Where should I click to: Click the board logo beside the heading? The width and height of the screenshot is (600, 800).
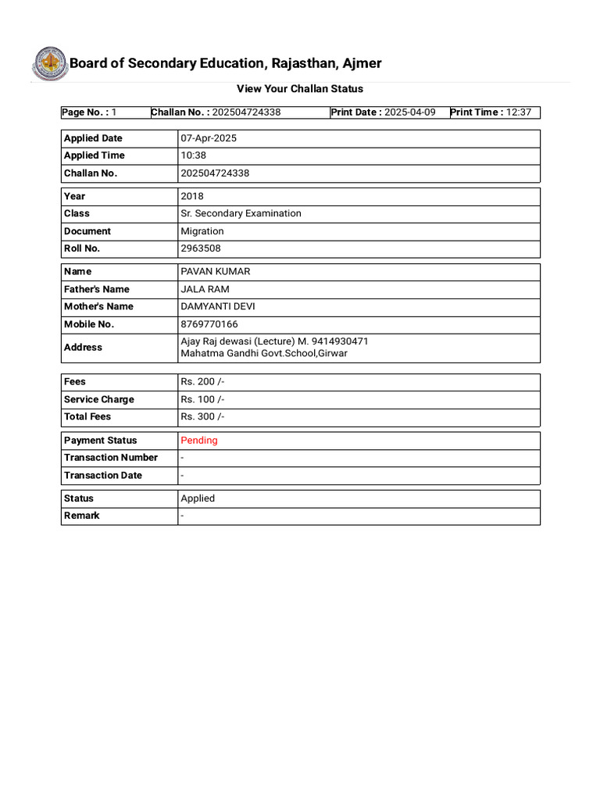coord(49,64)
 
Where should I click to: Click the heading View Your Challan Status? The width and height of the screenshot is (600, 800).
coord(300,89)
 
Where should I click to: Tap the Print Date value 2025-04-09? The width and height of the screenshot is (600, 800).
coord(409,112)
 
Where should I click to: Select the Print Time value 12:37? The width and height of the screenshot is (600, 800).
coord(518,112)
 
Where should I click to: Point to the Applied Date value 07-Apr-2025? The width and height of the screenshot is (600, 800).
coord(209,138)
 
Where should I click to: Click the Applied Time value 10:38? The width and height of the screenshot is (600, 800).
coord(193,155)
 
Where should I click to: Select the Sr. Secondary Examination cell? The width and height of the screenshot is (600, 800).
coord(241,213)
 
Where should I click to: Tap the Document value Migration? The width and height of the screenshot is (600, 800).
coord(202,231)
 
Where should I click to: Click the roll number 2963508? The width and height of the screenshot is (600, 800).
coord(201,248)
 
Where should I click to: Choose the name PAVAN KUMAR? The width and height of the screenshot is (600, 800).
coord(216,272)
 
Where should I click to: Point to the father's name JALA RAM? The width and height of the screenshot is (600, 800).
coord(205,289)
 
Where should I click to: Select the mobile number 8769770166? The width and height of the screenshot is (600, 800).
coord(209,323)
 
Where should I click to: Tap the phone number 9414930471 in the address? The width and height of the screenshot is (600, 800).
coord(339,341)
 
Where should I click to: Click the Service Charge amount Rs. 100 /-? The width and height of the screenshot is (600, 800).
coord(202,399)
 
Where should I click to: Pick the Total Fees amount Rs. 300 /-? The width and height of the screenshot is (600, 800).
coord(202,416)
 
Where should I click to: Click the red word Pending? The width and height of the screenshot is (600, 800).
coord(199,441)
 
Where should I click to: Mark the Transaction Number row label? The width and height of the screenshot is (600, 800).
coord(111,458)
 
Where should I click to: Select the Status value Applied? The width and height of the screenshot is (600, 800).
coord(198,498)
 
